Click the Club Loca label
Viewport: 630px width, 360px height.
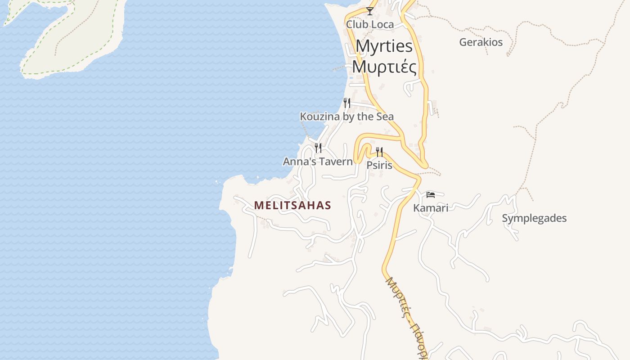pos(369,24)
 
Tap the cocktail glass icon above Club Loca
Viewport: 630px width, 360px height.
pos(370,11)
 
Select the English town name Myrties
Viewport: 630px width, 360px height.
pos(384,46)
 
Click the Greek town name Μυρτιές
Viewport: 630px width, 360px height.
pos(384,67)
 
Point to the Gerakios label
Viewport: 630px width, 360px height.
pos(481,42)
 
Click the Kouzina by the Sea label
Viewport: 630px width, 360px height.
pos(346,117)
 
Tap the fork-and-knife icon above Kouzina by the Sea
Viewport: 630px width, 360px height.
pos(346,103)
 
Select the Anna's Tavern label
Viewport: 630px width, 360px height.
pos(318,162)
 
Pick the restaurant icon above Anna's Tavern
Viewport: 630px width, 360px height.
pos(318,148)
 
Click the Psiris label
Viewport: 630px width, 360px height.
pos(379,165)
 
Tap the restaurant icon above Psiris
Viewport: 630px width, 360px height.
pos(379,152)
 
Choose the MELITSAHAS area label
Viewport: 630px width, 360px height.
pos(292,206)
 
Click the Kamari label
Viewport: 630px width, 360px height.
pos(431,208)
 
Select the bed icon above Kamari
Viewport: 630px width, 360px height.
pos(431,194)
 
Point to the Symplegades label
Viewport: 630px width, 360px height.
pos(534,218)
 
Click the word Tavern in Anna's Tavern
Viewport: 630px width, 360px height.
pos(336,162)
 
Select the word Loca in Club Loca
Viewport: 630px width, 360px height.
pos(382,24)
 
